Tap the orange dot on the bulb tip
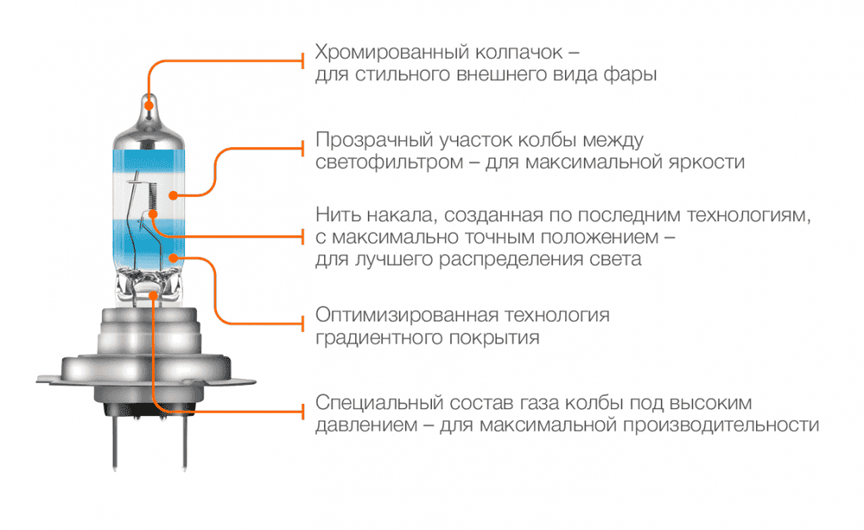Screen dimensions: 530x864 [149, 106]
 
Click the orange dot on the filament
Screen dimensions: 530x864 [152, 213]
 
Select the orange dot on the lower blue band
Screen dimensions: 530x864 [177, 258]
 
